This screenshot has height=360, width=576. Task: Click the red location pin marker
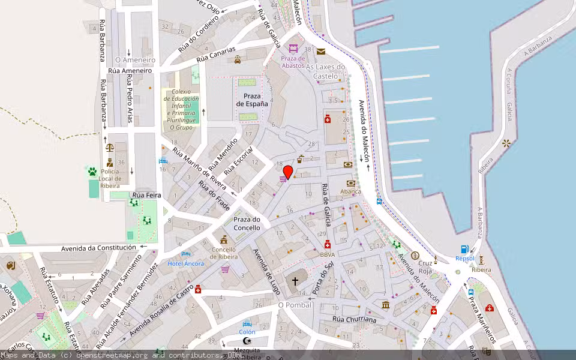pyautogui.click(x=288, y=172)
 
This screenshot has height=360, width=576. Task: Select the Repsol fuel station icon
pyautogui.click(x=464, y=249)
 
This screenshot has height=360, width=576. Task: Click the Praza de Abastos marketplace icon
pyautogui.click(x=293, y=49)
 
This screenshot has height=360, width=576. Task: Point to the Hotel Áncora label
pyautogui.click(x=185, y=263)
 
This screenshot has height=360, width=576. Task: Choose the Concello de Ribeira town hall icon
pyautogui.click(x=224, y=239)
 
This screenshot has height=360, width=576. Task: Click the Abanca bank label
pyautogui.click(x=350, y=191)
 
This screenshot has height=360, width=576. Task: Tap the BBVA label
pyautogui.click(x=328, y=254)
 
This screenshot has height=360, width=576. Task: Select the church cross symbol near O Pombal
pyautogui.click(x=295, y=280)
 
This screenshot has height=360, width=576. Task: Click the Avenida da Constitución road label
pyautogui.click(x=99, y=248)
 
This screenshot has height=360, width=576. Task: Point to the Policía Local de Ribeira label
pyautogui.click(x=110, y=178)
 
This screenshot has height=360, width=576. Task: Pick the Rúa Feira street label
pyautogui.click(x=147, y=195)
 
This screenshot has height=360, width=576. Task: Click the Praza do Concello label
pyautogui.click(x=247, y=224)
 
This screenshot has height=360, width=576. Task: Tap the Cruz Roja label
pyautogui.click(x=425, y=267)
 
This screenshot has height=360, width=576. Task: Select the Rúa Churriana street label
pyautogui.click(x=354, y=319)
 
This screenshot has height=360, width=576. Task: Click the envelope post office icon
pyautogui.click(x=321, y=52)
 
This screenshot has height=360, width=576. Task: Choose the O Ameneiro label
pyautogui.click(x=135, y=60)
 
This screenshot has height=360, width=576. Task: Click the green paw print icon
pyautogui.click(x=92, y=172)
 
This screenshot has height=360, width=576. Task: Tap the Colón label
pyautogui.click(x=247, y=332)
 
